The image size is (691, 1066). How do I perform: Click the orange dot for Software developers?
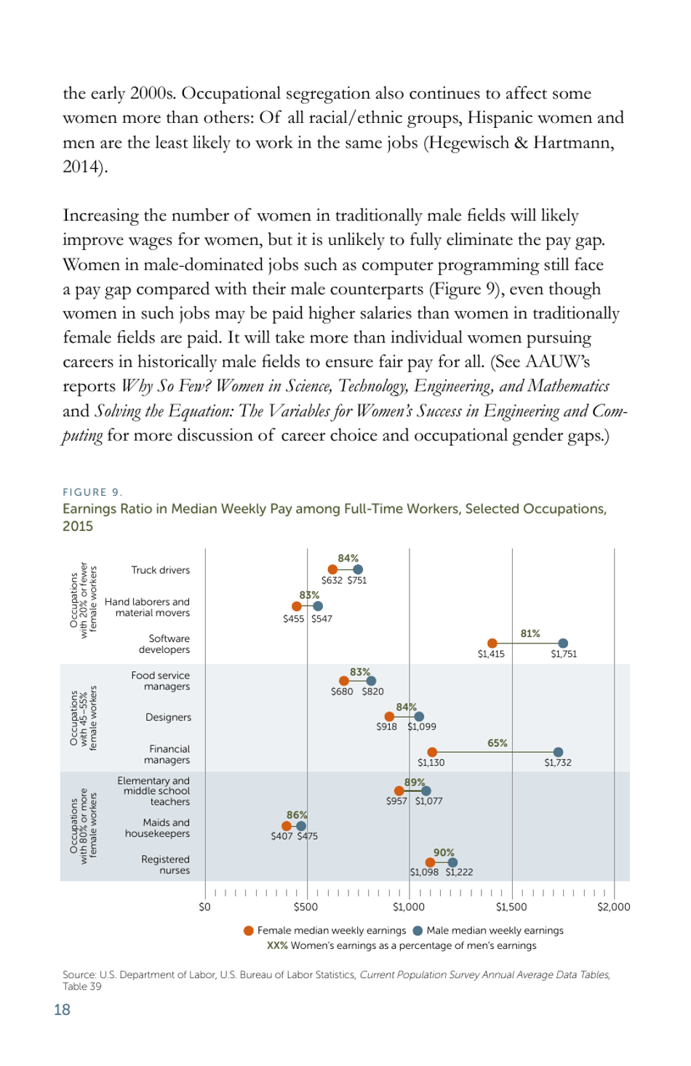click(x=492, y=643)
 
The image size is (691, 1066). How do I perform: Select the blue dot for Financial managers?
click(x=558, y=752)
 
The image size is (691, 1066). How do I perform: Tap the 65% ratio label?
click(x=498, y=743)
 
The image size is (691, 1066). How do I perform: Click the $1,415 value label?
click(x=491, y=654)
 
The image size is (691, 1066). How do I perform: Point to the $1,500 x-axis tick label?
click(x=511, y=907)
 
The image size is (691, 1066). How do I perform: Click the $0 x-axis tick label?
click(x=205, y=907)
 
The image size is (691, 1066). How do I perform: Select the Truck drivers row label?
click(x=160, y=570)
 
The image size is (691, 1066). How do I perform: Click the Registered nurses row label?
click(x=165, y=865)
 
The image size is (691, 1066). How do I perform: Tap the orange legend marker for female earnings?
click(x=249, y=931)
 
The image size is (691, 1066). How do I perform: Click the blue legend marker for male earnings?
click(x=418, y=931)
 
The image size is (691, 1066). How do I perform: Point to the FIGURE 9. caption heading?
click(x=92, y=492)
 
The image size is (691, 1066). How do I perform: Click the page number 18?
click(x=63, y=1010)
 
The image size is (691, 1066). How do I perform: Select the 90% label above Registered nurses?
click(x=444, y=853)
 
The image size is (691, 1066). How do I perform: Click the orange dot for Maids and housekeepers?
click(x=287, y=826)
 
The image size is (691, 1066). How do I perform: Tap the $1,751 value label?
click(x=564, y=654)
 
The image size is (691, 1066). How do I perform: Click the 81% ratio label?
click(x=530, y=634)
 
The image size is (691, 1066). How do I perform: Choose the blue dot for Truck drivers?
click(x=357, y=569)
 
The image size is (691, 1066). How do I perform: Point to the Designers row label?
click(x=168, y=717)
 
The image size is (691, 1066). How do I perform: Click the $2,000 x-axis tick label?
click(x=613, y=907)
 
